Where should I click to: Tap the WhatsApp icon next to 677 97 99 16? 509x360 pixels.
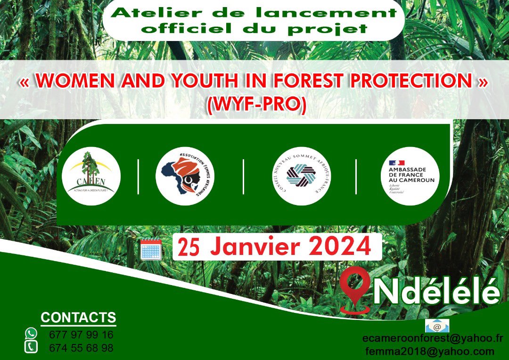pos(31,334)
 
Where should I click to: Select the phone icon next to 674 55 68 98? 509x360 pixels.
pos(31,347)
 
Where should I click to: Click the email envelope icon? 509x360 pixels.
pos(437,326)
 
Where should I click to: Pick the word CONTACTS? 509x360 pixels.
pos(78,317)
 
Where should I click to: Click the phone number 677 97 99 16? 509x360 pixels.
pos(81,335)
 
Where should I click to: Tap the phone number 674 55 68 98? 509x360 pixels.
pos(81,348)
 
